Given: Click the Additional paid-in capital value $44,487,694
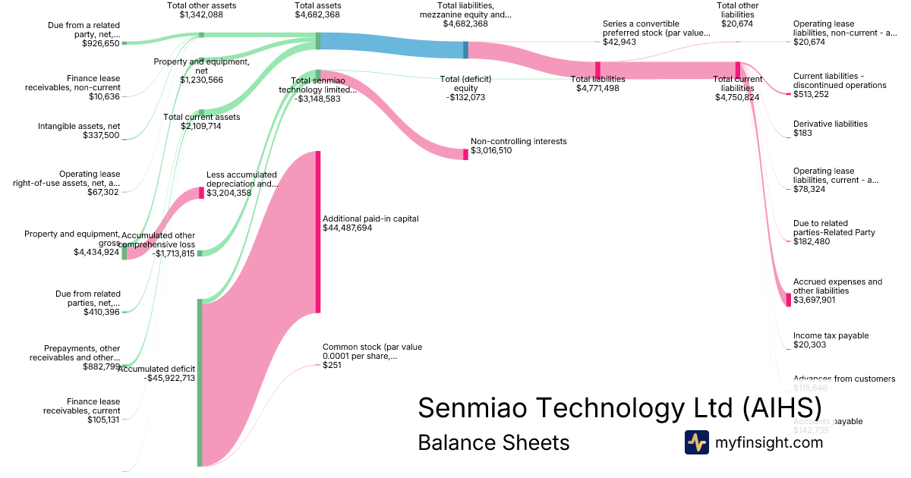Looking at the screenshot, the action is (x=347, y=228).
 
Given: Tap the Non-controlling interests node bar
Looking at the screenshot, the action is (x=465, y=154).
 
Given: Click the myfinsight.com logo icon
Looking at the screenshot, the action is (x=696, y=442).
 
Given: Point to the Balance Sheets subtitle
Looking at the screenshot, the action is (x=493, y=442).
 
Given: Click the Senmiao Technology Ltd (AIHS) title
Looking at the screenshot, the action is (x=619, y=407).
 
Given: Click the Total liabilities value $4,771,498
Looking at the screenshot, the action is (x=597, y=89).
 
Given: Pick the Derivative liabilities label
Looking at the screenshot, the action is (x=830, y=124).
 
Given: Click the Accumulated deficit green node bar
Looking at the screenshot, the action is (x=200, y=382).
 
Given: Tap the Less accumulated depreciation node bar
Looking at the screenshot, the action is (x=201, y=193).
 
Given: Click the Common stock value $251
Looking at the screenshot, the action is (x=332, y=366).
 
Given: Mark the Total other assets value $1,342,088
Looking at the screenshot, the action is (x=201, y=14).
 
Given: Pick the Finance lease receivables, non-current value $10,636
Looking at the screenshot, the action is (x=103, y=97).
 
